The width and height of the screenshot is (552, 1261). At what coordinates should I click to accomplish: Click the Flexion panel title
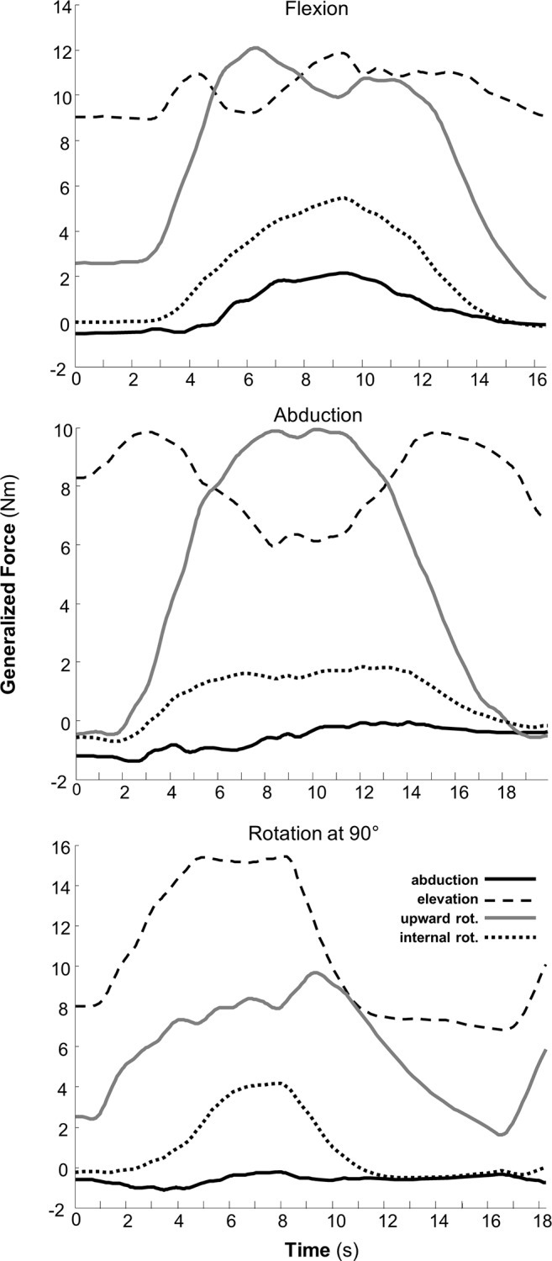312,11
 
